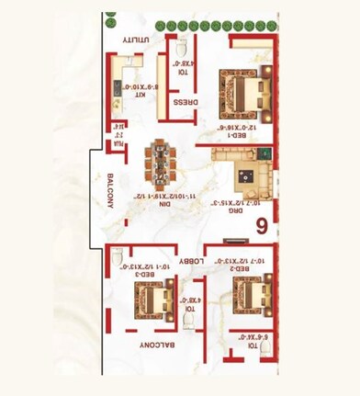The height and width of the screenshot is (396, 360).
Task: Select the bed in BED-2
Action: (248, 296)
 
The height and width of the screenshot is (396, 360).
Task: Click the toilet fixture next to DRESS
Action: (182, 47)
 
